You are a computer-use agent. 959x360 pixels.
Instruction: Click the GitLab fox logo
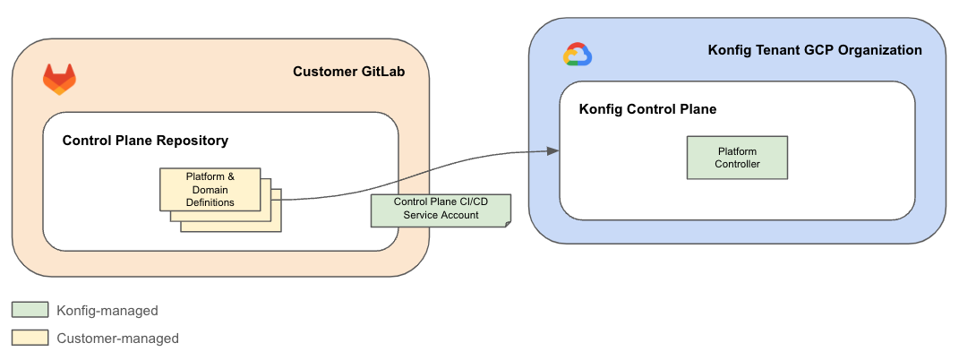59,79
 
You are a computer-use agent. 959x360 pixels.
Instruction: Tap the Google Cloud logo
578,56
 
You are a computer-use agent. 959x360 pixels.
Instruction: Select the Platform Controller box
737,158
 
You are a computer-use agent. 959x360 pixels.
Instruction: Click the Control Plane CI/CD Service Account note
441,210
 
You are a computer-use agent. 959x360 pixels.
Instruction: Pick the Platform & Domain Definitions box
210,189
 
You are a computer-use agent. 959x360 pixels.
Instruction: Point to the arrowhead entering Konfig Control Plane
554,150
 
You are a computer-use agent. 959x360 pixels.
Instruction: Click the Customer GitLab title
349,72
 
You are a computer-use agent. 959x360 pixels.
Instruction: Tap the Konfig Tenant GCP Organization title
815,50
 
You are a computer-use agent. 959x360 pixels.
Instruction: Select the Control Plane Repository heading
145,141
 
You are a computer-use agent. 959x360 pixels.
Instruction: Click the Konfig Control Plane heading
647,109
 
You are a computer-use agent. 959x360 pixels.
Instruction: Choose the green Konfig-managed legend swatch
30,310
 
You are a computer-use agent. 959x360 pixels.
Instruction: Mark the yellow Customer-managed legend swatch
30,338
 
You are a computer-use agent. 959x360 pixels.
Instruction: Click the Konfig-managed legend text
107,311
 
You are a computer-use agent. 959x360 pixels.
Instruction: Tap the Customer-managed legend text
117,339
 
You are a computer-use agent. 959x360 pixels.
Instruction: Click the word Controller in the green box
737,164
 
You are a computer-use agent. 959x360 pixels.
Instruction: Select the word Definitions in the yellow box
210,202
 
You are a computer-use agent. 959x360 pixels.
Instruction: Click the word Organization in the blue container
881,50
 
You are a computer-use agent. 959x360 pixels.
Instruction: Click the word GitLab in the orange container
380,72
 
